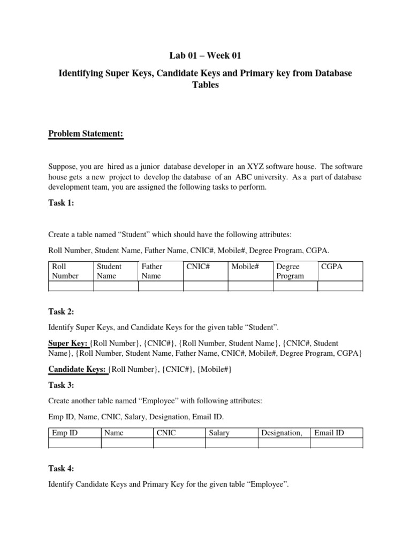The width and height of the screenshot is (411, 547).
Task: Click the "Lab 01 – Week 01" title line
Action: (205, 56)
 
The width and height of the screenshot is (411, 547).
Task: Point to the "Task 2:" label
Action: (62, 311)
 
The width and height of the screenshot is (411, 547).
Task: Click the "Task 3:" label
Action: (62, 385)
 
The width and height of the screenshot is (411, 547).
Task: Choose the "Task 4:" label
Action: (62, 468)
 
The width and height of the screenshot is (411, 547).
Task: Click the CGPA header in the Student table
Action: (331, 266)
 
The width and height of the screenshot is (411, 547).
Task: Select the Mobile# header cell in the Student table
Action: (245, 266)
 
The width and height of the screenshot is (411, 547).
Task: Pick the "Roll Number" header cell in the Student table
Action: (65, 271)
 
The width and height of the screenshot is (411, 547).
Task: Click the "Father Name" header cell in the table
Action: (152, 271)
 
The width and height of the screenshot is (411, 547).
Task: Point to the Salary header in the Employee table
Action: (219, 433)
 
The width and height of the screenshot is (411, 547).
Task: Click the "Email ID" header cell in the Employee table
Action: (329, 433)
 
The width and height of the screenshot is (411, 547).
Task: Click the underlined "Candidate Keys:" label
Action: (78, 369)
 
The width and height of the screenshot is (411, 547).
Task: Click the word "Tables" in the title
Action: (205, 85)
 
